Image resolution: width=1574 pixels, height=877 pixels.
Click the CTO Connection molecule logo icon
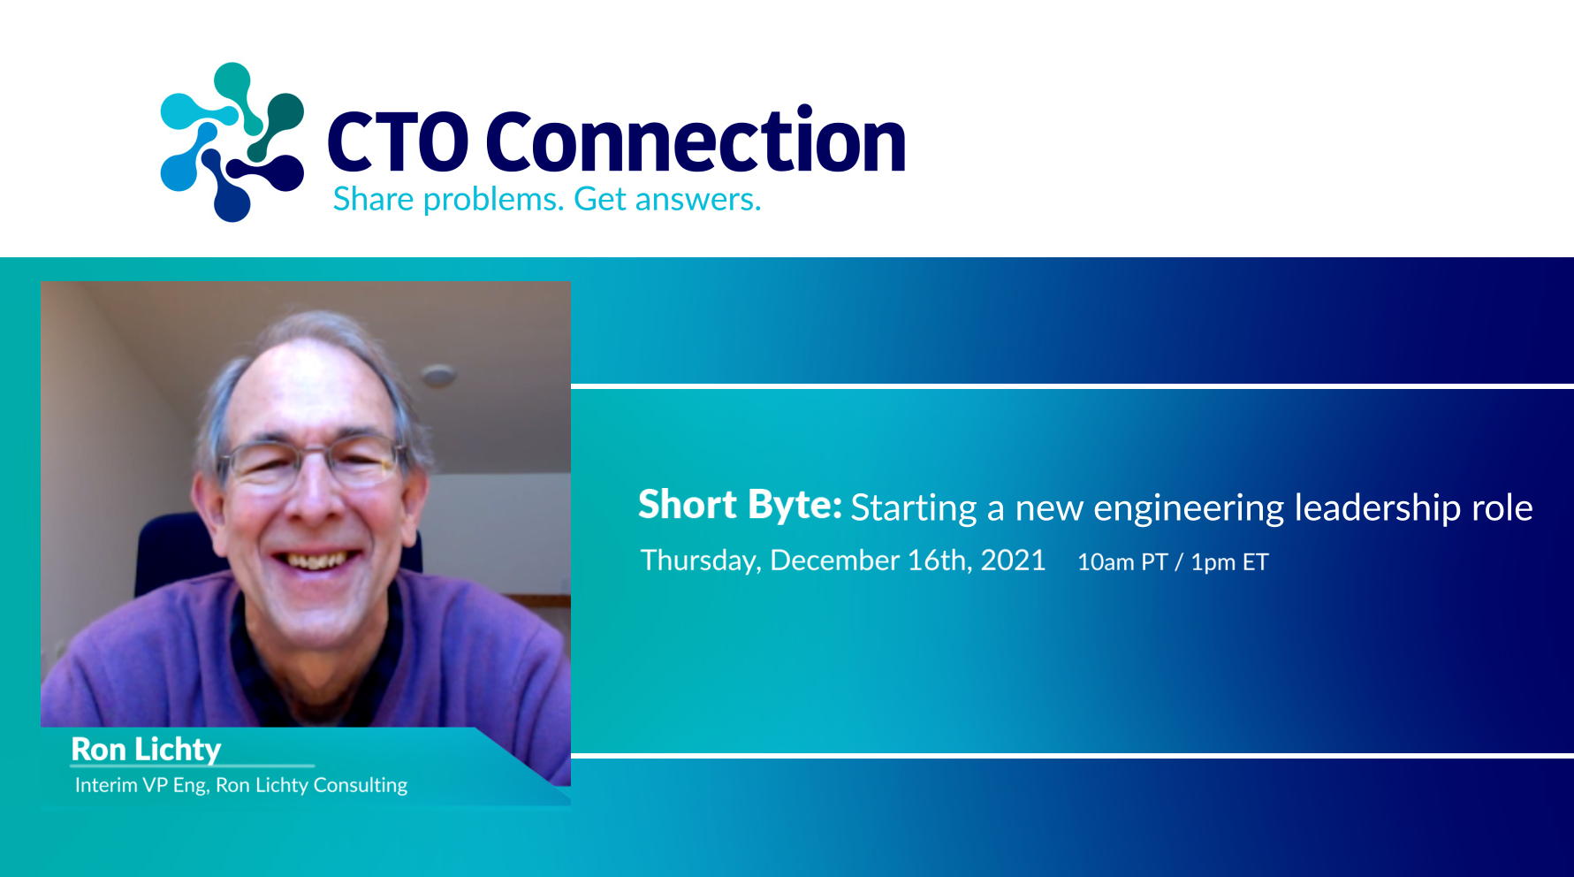tap(232, 141)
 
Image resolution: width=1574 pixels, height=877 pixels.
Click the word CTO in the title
tap(398, 141)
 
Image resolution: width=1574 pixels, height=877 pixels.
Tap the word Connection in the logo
tap(696, 140)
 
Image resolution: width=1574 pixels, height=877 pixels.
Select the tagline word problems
tap(493, 201)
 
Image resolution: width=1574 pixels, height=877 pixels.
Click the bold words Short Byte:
tap(740, 506)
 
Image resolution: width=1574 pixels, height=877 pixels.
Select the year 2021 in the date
tap(1013, 561)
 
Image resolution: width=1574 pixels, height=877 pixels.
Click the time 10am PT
tap(1122, 562)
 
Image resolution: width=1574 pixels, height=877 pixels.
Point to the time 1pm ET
tap(1229, 562)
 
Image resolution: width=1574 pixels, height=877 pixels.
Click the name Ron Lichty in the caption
tap(146, 750)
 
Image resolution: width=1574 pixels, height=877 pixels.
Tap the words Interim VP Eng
tap(141, 785)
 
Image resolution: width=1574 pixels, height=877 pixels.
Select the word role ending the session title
tap(1502, 508)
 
